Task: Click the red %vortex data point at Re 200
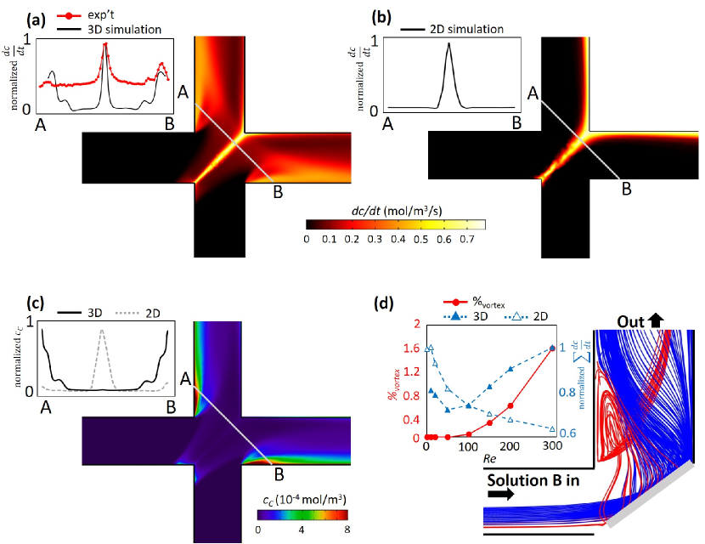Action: [x=510, y=406]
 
